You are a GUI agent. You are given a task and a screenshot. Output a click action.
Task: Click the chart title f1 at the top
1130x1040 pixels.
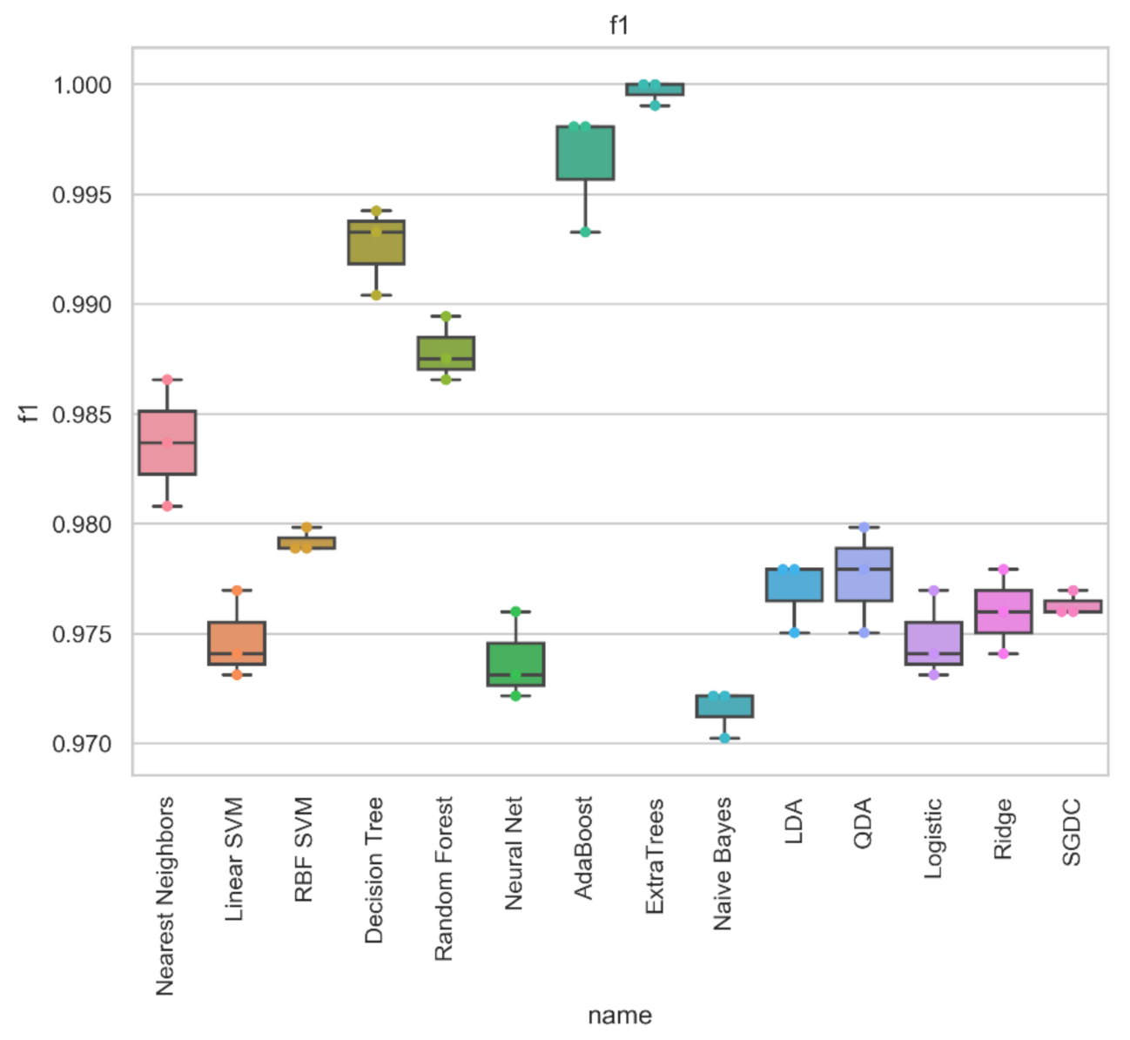pyautogui.click(x=619, y=25)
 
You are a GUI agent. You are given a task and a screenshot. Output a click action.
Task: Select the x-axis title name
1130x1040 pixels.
pyautogui.click(x=619, y=1016)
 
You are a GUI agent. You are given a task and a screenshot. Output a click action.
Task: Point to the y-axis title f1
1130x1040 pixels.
pyautogui.click(x=29, y=413)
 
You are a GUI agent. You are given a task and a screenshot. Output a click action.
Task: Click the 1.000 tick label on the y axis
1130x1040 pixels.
pyautogui.click(x=83, y=85)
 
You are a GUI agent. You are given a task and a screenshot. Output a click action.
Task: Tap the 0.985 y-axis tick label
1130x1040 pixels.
pyautogui.click(x=83, y=415)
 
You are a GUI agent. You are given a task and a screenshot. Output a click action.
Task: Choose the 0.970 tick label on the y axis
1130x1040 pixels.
pyautogui.click(x=83, y=744)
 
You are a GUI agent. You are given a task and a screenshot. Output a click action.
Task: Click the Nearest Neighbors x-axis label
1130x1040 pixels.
pyautogui.click(x=165, y=895)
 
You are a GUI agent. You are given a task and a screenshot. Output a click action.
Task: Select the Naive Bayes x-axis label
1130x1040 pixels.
pyautogui.click(x=723, y=864)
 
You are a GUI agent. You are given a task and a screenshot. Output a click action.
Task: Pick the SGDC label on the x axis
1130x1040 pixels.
pyautogui.click(x=1072, y=832)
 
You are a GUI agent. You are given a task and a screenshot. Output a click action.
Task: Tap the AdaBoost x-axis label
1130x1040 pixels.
pyautogui.click(x=583, y=848)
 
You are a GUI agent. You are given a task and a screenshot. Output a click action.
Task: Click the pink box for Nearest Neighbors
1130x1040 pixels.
pyautogui.click(x=167, y=442)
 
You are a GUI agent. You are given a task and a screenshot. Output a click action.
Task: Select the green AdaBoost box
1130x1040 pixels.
pyautogui.click(x=585, y=152)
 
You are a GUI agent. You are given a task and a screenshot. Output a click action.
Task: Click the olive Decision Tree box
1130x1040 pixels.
pyautogui.click(x=376, y=242)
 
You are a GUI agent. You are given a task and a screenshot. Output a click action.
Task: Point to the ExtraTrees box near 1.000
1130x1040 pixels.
pyautogui.click(x=655, y=89)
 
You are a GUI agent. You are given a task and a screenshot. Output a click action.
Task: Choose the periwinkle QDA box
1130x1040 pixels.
pyautogui.click(x=864, y=575)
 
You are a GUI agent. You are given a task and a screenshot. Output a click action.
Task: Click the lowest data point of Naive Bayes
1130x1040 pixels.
pyautogui.click(x=724, y=738)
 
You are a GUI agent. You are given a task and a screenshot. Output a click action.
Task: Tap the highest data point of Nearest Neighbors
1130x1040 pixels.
pyautogui.click(x=167, y=380)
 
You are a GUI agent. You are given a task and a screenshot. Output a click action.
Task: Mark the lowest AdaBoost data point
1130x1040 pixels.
pyautogui.click(x=585, y=232)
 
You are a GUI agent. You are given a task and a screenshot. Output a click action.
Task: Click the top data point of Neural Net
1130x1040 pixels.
pyautogui.click(x=515, y=611)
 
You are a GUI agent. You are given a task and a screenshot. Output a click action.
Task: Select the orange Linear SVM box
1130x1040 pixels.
pyautogui.click(x=237, y=643)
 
